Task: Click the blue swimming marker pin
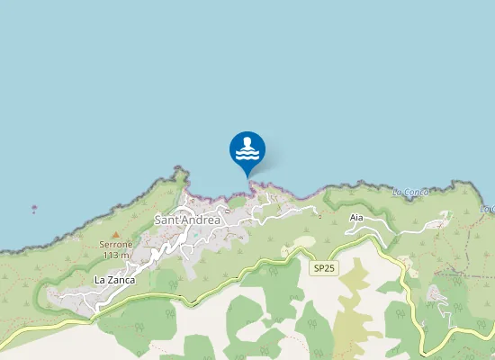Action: [x=247, y=149]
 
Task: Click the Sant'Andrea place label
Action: [x=187, y=220]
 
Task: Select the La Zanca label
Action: [x=114, y=281]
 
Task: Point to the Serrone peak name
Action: [x=115, y=244]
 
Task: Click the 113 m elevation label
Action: [x=116, y=255]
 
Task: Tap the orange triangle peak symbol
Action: [x=115, y=234]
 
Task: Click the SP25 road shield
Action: [x=322, y=268]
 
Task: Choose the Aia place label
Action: [x=356, y=218]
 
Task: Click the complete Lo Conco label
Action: [x=412, y=192]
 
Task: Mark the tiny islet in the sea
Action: [x=34, y=208]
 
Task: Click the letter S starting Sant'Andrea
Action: [x=158, y=220]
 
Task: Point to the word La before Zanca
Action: [x=99, y=281]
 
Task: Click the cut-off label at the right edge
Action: [x=489, y=209]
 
